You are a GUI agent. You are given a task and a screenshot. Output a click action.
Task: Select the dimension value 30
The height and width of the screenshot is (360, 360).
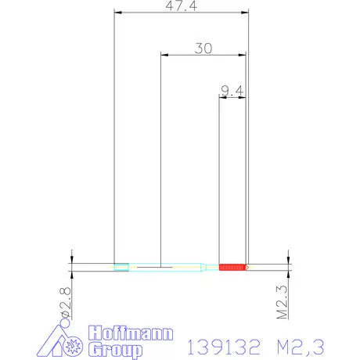tap(203, 48)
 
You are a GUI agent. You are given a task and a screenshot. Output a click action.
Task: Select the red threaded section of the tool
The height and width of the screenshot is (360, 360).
tap(232, 268)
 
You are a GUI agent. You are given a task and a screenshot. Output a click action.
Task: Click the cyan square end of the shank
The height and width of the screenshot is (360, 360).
tap(121, 268)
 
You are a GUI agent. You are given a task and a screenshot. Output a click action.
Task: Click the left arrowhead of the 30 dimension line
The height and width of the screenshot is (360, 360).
tap(164, 54)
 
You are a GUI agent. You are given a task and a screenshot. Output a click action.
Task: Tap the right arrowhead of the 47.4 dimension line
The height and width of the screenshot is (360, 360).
tap(245, 13)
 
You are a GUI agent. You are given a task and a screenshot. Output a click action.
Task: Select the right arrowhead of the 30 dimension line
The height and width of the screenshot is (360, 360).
tap(243, 54)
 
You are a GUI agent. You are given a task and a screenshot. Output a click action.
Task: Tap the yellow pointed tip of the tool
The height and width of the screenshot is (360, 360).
tap(247, 268)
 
